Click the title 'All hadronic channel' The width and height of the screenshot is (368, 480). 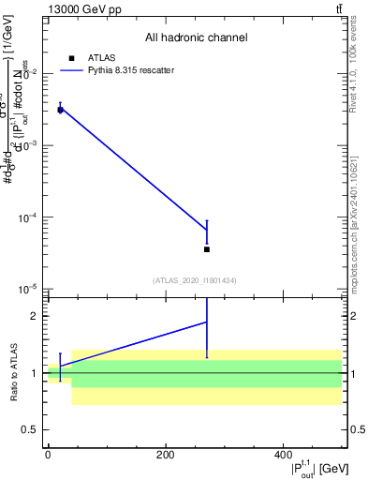pos(196,38)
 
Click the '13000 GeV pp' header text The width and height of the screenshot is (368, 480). pos(84,9)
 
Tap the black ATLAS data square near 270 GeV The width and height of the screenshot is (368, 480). pos(206,249)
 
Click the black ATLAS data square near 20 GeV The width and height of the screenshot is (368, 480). pos(60,110)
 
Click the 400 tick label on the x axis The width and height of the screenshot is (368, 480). pos(283,455)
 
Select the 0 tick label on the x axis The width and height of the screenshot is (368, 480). pos(48,455)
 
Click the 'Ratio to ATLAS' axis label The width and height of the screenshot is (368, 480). pos(15,373)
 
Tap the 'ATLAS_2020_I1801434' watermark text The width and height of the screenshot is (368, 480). pos(195,280)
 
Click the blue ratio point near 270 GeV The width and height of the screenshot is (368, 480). pos(206,322)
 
